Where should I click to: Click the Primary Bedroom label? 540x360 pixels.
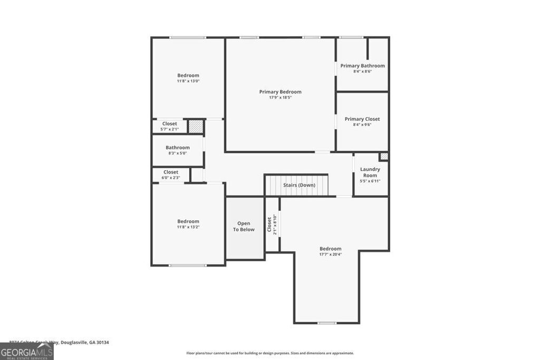(x=280, y=92)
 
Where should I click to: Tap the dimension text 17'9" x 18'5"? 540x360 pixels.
(x=280, y=98)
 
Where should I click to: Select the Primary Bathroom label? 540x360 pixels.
(x=362, y=66)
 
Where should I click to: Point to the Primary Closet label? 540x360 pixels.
(x=362, y=119)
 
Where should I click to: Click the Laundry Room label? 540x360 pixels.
(x=370, y=172)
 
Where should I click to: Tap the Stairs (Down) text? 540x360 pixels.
(x=299, y=185)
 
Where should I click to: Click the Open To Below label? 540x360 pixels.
(x=244, y=227)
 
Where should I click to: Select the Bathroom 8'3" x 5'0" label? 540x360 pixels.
(x=178, y=148)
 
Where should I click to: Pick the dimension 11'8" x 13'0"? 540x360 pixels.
(x=188, y=81)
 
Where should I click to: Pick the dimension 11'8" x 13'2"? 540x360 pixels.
(x=188, y=227)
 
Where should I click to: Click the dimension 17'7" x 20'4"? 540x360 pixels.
(x=330, y=255)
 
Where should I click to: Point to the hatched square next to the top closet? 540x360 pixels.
(x=196, y=127)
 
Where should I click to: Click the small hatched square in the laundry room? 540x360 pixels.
(x=384, y=157)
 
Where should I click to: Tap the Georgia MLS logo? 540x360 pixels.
(x=26, y=352)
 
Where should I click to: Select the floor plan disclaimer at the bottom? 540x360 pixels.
(x=270, y=353)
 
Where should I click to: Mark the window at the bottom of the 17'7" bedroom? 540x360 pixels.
(x=326, y=323)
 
